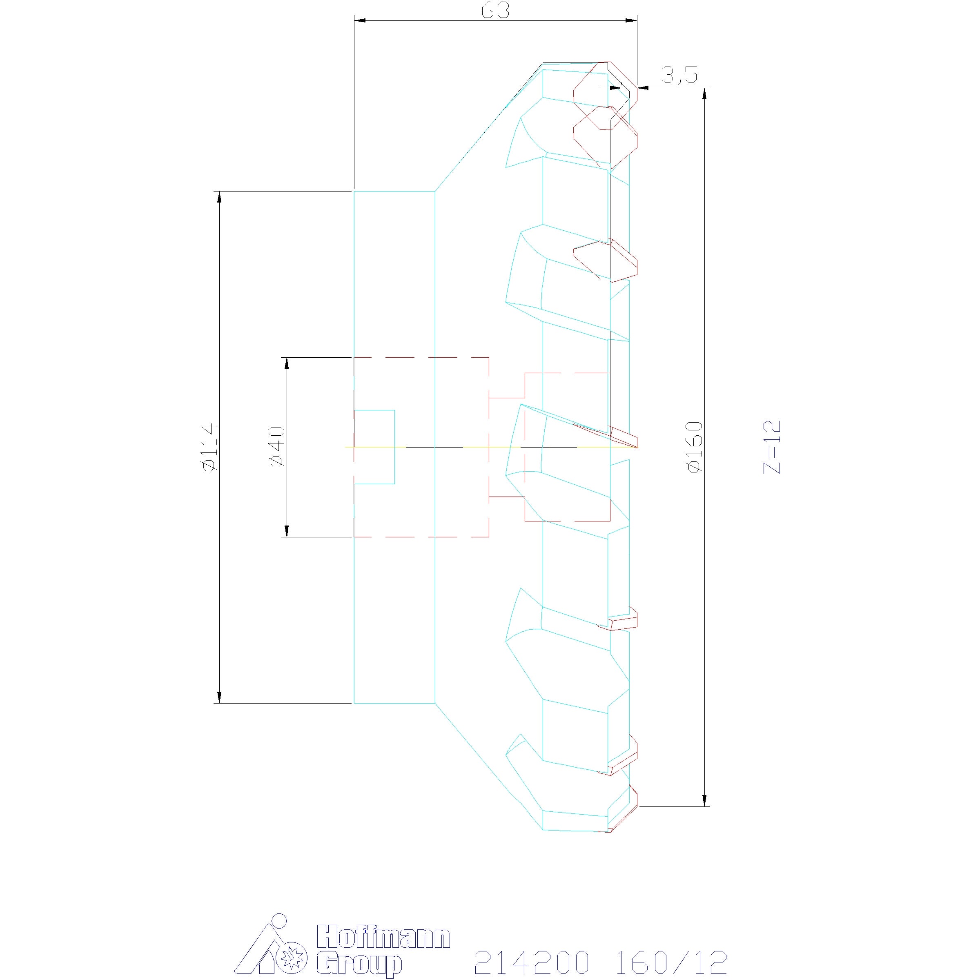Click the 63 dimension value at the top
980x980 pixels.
click(x=495, y=11)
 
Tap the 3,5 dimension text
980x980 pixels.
click(x=679, y=75)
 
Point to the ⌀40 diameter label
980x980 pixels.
click(x=278, y=447)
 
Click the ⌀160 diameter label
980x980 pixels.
click(x=695, y=447)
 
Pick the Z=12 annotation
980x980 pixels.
click(x=772, y=447)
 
